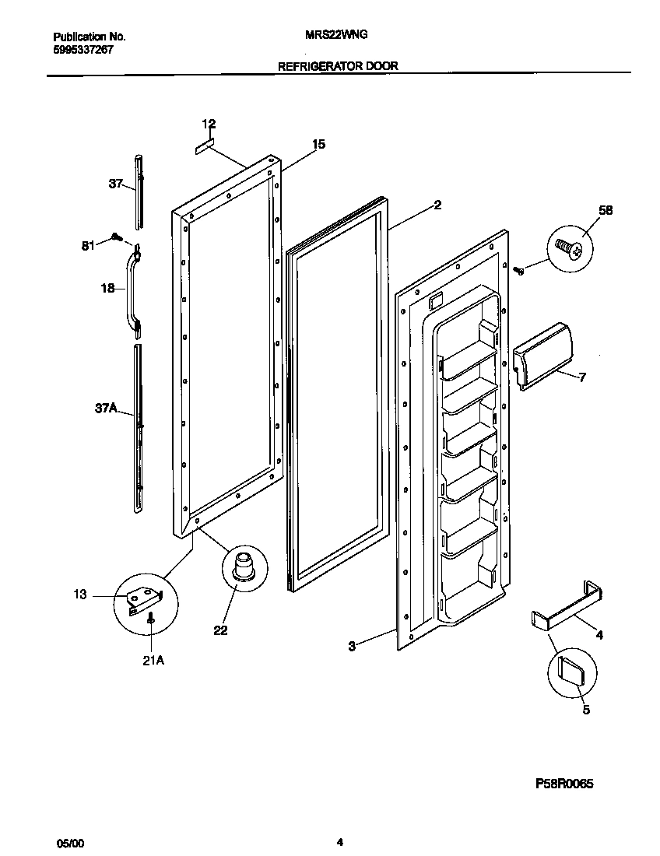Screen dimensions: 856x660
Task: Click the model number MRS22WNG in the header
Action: (344, 36)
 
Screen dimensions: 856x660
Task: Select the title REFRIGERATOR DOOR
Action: (338, 66)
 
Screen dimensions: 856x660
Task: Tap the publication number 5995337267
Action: (84, 48)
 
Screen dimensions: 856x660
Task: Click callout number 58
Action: (606, 210)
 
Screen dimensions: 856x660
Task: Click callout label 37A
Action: (106, 407)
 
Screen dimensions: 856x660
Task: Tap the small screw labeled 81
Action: (117, 237)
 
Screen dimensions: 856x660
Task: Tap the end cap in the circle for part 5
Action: (572, 670)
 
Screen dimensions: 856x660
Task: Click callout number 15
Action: (318, 145)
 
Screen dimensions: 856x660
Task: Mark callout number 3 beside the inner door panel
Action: (352, 646)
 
